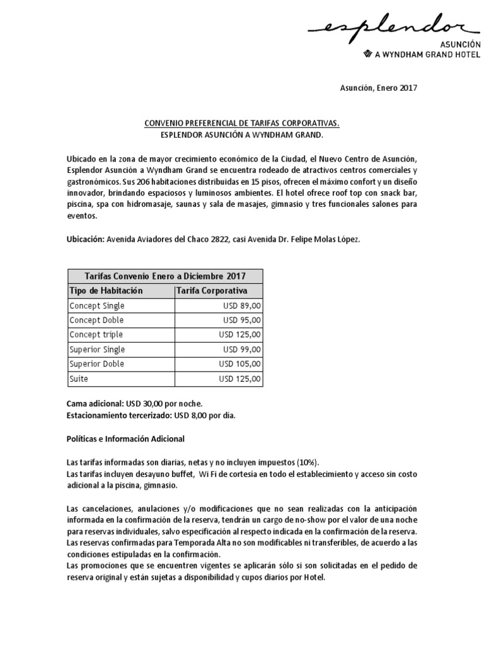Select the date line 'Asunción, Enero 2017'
tap(376, 88)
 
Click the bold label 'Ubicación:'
tap(85, 240)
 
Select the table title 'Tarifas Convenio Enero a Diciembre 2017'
tap(165, 276)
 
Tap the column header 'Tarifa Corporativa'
tap(212, 291)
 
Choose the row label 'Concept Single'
tap(97, 306)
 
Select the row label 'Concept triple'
tap(96, 335)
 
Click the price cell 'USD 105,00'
tap(240, 364)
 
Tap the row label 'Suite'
tap(79, 379)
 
